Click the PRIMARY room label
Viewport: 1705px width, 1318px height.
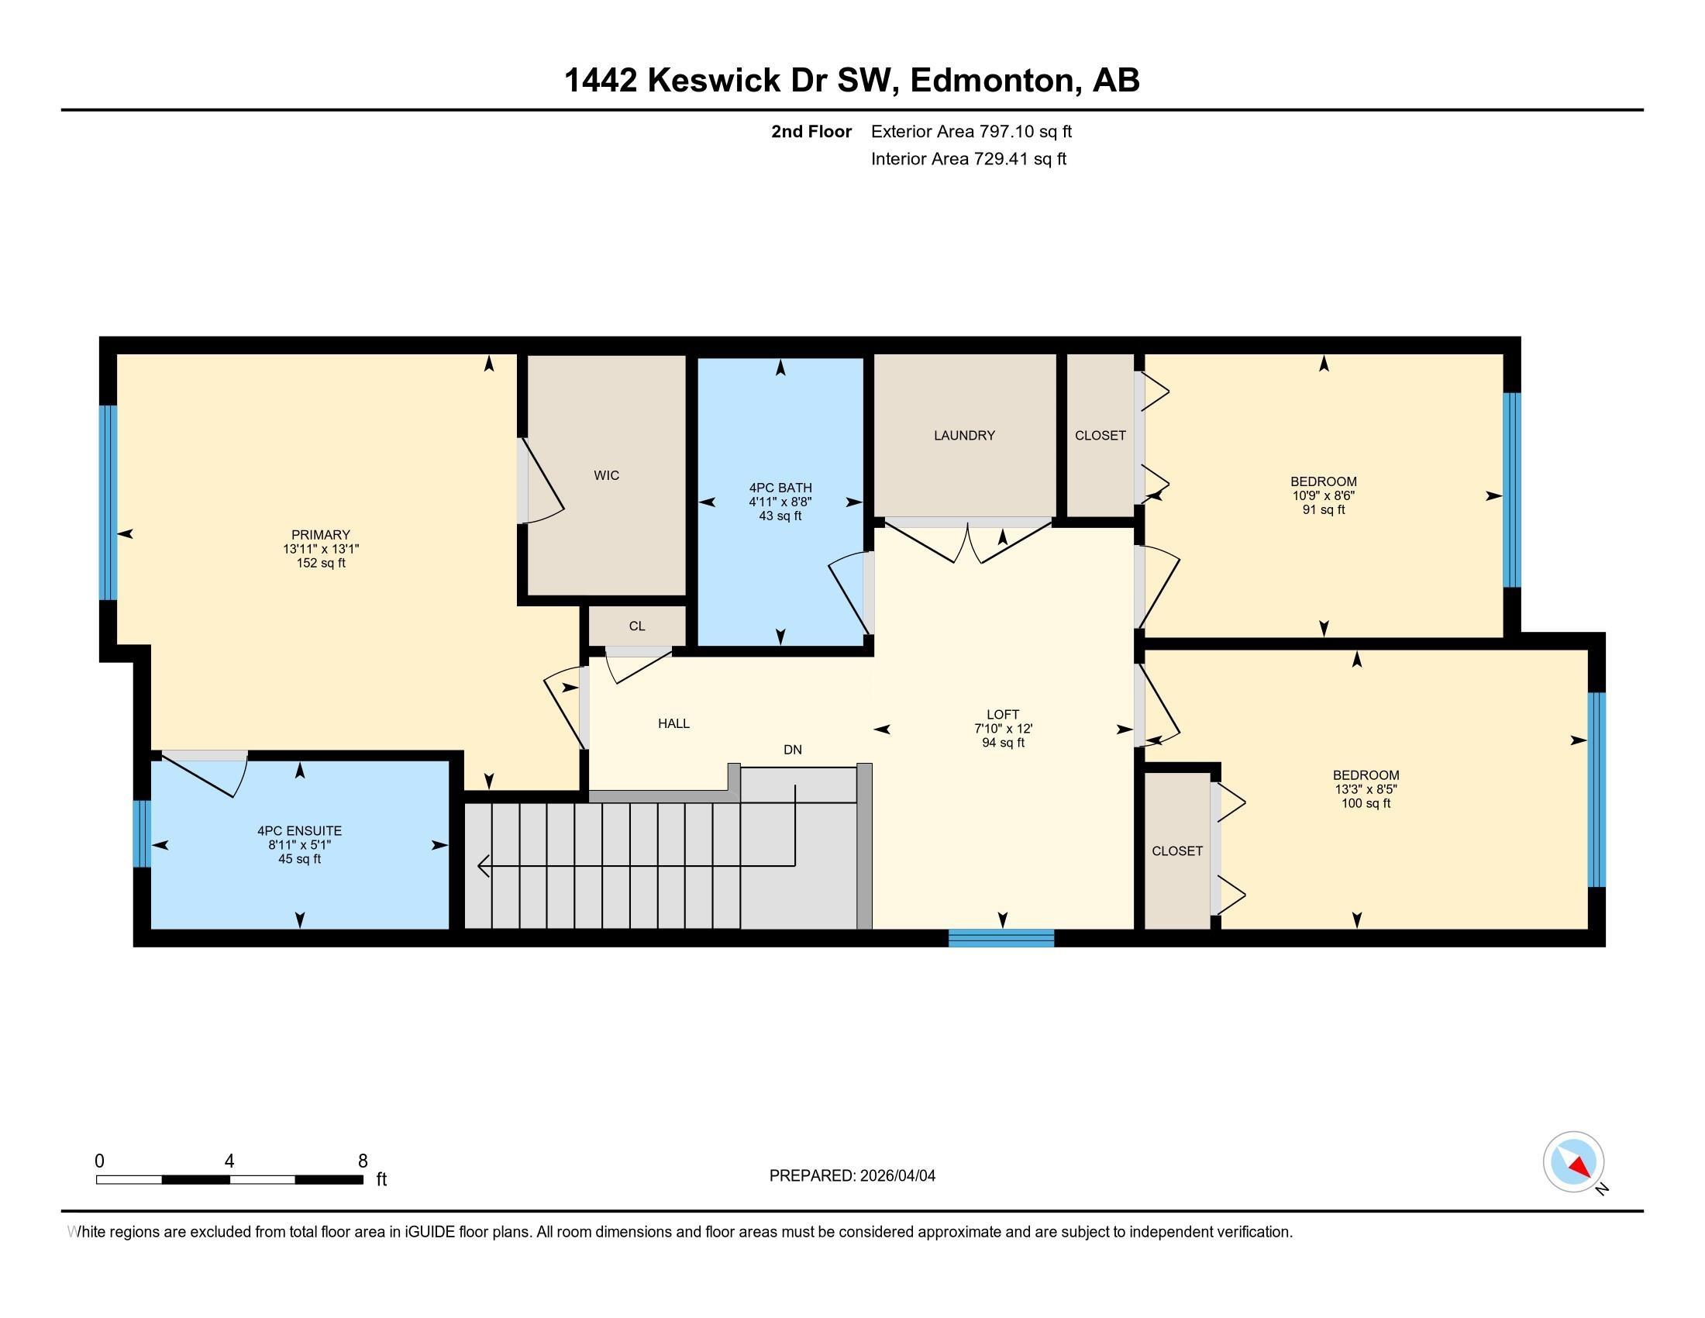tap(320, 535)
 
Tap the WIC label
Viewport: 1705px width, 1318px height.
tap(607, 474)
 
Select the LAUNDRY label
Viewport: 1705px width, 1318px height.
tap(964, 435)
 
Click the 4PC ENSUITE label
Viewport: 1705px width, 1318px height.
tap(299, 831)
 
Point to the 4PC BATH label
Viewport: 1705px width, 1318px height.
tap(780, 488)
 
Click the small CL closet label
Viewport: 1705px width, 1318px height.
tap(637, 626)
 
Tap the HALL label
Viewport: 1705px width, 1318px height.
tap(673, 723)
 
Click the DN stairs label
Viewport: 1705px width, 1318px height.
tap(792, 750)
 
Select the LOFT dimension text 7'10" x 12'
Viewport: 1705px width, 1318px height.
tap(1002, 729)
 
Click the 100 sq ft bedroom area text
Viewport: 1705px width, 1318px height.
tap(1366, 803)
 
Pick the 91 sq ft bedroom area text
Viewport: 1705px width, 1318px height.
tap(1323, 510)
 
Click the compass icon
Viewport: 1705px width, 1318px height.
tap(1573, 1161)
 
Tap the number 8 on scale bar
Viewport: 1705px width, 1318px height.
tap(362, 1161)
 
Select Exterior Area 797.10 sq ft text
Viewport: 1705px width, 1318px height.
tap(971, 131)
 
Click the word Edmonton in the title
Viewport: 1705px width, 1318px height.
tap(991, 81)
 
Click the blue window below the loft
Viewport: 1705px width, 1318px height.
tap(1001, 938)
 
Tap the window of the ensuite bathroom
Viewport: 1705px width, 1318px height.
tap(141, 833)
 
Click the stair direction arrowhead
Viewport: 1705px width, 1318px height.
tap(483, 865)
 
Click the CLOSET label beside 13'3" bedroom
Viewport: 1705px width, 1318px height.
tap(1176, 851)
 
